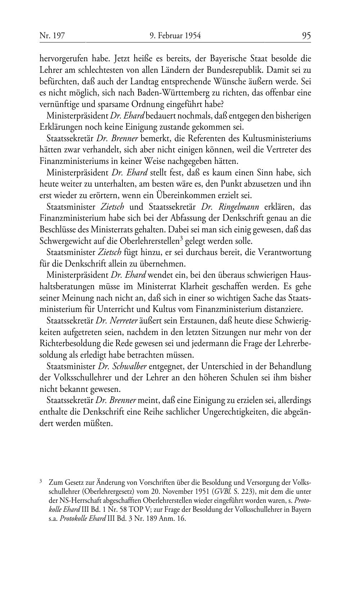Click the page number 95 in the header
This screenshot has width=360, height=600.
coord(306,36)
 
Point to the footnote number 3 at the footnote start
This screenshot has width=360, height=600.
coord(41,480)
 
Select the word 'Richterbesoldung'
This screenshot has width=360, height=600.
coord(66,344)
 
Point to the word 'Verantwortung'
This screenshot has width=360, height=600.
coord(286,252)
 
